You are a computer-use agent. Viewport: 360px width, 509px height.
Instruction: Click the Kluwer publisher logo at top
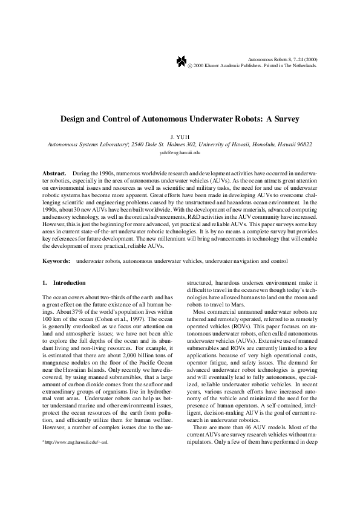pyautogui.click(x=181, y=62)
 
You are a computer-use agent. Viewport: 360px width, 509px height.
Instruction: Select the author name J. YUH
pyautogui.click(x=180, y=137)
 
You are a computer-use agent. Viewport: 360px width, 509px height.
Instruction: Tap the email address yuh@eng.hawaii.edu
pyautogui.click(x=180, y=154)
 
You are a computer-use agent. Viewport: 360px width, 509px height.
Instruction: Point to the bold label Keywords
pyautogui.click(x=56, y=261)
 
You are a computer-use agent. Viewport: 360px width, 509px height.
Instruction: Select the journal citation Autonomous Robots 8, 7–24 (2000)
pyautogui.click(x=283, y=59)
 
